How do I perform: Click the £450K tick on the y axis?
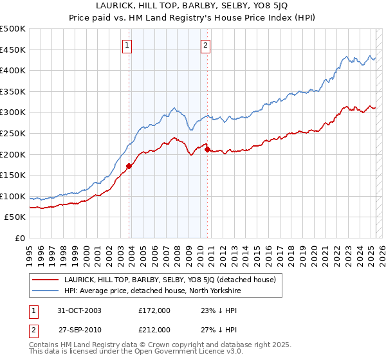click(x=13, y=50)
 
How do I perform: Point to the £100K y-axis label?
click(x=13, y=196)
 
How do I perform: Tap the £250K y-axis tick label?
click(x=13, y=133)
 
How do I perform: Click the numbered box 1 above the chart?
click(x=127, y=45)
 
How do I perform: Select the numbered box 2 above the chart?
click(x=205, y=45)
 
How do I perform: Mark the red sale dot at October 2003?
click(x=129, y=166)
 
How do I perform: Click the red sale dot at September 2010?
click(x=207, y=149)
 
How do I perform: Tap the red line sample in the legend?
click(x=44, y=279)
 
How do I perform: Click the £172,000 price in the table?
click(x=154, y=310)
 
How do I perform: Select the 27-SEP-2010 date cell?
click(x=81, y=329)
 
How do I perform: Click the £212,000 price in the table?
click(x=154, y=329)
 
